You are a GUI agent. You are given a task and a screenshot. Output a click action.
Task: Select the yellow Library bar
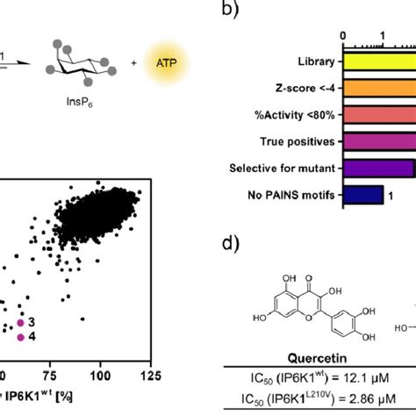coord(378,62)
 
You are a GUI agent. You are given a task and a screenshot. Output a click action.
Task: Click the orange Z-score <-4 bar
coord(378,89)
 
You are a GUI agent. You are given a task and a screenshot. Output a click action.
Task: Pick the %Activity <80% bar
coord(378,115)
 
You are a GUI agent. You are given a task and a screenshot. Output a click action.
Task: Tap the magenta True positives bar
coord(378,141)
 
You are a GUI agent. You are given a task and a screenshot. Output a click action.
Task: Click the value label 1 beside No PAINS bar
coord(391,196)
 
